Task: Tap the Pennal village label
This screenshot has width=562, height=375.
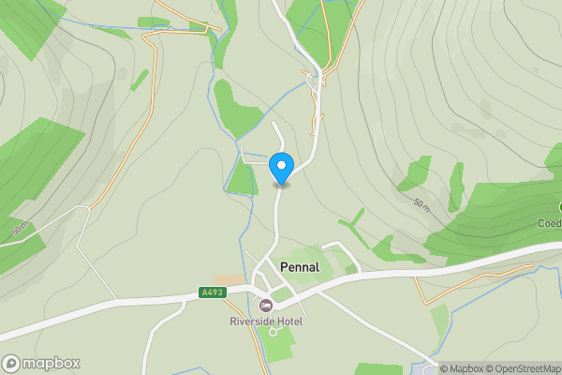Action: (300, 267)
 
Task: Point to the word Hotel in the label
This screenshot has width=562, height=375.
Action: (289, 322)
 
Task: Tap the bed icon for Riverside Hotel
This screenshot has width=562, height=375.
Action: (266, 306)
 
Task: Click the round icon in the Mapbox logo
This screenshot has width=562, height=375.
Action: (12, 363)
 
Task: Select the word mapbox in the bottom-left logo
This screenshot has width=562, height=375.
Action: (51, 364)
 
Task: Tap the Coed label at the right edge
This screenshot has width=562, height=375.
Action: (550, 223)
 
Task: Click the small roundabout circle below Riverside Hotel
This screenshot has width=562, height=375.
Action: (274, 331)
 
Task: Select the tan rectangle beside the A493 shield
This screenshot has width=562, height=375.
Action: (227, 279)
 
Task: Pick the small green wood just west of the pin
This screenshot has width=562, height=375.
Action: (241, 178)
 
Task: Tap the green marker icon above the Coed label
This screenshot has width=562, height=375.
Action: (559, 206)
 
